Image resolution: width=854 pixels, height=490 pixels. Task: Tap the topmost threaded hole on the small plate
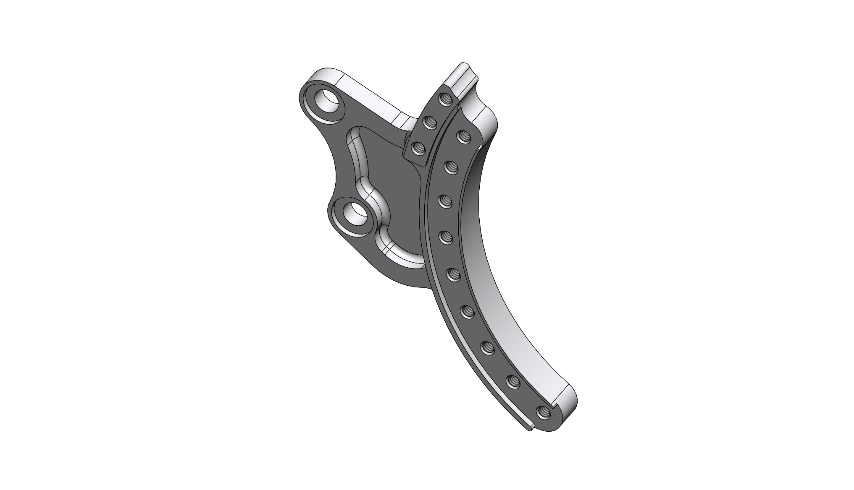coord(446,100)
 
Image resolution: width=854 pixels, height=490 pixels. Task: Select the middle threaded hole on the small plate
coord(430,122)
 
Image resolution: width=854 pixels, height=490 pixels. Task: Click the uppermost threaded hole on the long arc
coord(463,136)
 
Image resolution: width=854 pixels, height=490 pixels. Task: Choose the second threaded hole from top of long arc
coord(452,168)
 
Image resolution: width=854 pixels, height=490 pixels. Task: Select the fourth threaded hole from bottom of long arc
coord(468,312)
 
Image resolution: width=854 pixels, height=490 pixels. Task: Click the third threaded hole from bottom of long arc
coord(487,347)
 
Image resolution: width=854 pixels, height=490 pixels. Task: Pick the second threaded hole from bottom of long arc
coord(513,381)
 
